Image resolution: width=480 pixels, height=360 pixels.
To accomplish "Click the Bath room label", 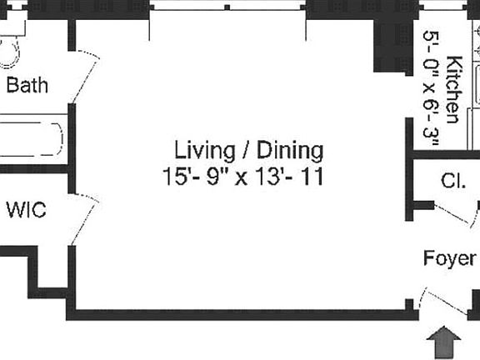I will point(27,85).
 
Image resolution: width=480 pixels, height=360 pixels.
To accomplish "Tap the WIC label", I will point(26,209).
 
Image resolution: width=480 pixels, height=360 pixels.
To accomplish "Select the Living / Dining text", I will point(248,151).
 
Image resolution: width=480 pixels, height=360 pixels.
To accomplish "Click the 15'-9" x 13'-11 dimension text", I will point(242,177).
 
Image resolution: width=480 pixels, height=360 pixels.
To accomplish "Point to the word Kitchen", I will point(453,89).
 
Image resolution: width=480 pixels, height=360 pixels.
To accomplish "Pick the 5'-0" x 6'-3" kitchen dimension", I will point(432,89).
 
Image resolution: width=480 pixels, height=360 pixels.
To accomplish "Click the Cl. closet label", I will point(453,181).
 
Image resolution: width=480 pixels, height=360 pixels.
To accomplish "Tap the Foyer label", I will point(450,258).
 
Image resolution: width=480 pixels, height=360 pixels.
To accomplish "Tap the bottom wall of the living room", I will point(242,314).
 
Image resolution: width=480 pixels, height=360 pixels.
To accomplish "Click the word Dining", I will point(288,151).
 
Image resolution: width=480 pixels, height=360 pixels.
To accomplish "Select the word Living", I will point(202,151).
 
